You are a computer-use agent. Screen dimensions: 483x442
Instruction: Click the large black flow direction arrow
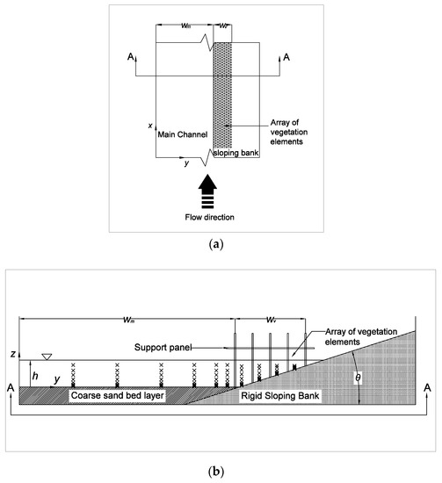(x=208, y=190)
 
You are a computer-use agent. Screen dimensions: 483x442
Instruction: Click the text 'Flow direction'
(x=207, y=215)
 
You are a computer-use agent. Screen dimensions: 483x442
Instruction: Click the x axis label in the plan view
(x=151, y=127)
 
